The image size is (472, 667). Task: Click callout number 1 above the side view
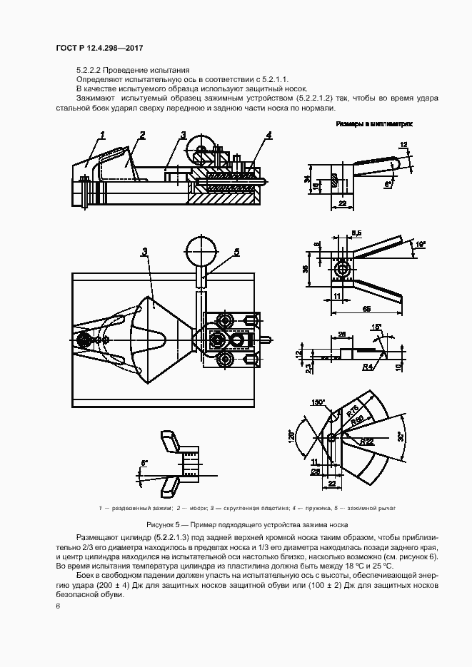pyautogui.click(x=103, y=134)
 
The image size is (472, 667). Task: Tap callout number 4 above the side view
pyautogui.click(x=268, y=134)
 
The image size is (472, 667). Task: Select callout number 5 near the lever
pyautogui.click(x=236, y=250)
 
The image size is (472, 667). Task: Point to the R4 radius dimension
pyautogui.click(x=368, y=368)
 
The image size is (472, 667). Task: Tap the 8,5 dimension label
pyautogui.click(x=357, y=232)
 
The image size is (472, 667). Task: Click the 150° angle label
pyautogui.click(x=318, y=402)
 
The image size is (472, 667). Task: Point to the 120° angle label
pyautogui.click(x=292, y=437)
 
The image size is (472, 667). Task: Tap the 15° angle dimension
pyautogui.click(x=377, y=327)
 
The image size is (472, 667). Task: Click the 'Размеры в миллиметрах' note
pyautogui.click(x=374, y=124)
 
